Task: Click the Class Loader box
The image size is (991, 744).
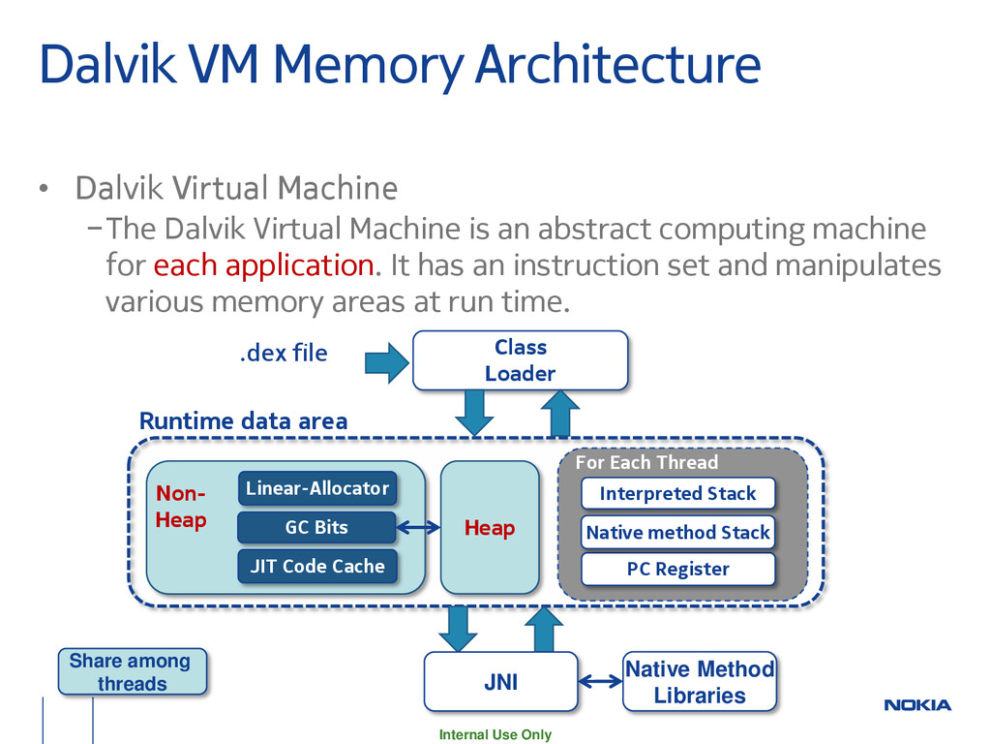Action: coord(520,360)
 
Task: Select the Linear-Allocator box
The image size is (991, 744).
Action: coord(317,488)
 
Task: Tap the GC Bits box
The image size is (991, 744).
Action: coord(316,527)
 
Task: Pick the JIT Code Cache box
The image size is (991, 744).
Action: coord(317,566)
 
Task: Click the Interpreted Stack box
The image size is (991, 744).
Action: coord(677,493)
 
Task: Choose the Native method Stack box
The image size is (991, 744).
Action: coord(677,532)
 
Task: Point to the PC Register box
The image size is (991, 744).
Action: coord(677,569)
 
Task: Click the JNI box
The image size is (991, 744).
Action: coord(500,681)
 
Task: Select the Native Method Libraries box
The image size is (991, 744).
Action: coord(700,681)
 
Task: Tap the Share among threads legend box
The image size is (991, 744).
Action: coord(132,671)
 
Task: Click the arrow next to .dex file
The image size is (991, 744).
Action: coord(387,363)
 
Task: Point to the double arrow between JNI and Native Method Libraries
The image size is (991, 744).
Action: coord(600,681)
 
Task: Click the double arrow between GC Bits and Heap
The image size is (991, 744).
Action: coord(418,527)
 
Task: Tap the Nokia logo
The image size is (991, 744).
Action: coord(917,705)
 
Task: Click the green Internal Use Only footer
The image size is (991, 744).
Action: coord(495,734)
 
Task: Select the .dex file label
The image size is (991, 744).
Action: coord(284,353)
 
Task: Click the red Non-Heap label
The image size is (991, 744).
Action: coord(181,506)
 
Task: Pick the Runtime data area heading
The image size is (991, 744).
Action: coord(243,420)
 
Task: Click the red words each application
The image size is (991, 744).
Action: coord(263,265)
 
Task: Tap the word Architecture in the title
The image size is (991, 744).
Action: coord(617,64)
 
